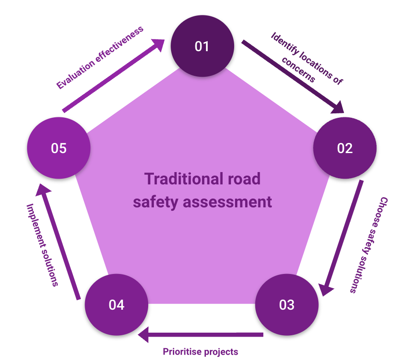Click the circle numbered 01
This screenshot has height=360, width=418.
(x=202, y=46)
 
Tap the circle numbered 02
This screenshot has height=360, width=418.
(x=345, y=148)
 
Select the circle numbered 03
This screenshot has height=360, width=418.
(x=287, y=305)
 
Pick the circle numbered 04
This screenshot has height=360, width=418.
(x=116, y=305)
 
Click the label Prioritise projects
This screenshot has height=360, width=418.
(x=201, y=352)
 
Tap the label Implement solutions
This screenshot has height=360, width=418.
(x=42, y=245)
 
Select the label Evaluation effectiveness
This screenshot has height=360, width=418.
(x=101, y=57)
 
